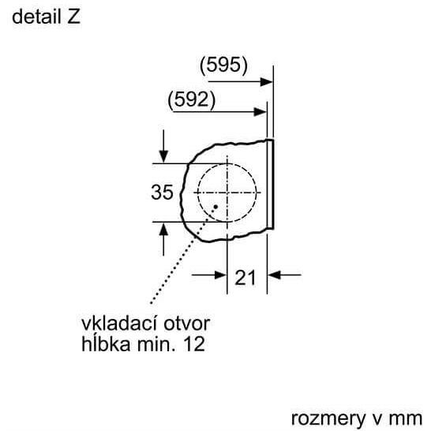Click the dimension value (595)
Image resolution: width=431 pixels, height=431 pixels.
[223, 66]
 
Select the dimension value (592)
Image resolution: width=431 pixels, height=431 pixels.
[191, 99]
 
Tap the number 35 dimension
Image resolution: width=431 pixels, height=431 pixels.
[162, 192]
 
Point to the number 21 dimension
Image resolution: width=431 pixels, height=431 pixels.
[245, 278]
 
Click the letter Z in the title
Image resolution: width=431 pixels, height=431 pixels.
[73, 17]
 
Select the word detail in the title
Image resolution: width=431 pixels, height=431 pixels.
[36, 17]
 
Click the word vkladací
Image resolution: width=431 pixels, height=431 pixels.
[118, 324]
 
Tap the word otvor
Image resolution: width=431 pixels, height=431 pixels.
[187, 324]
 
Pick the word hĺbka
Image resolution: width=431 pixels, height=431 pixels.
[106, 343]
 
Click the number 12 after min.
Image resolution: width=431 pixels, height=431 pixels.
[194, 344]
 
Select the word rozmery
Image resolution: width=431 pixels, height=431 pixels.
[328, 419]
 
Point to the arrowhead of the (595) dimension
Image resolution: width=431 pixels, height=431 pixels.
[266, 81]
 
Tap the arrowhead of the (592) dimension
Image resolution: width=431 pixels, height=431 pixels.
[260, 112]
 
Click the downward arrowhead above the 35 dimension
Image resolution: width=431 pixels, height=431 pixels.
[163, 156]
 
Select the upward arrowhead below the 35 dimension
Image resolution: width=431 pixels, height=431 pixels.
[163, 229]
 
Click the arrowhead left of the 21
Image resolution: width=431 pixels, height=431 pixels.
[220, 275]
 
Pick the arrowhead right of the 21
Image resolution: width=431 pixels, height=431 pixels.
[274, 275]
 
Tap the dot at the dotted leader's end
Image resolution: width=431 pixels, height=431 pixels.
[215, 207]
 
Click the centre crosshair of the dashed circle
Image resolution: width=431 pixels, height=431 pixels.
[227, 193]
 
